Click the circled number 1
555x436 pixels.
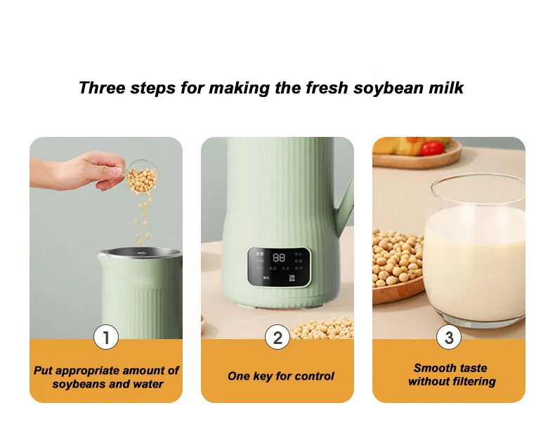tap(106, 338)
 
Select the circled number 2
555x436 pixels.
tap(277, 338)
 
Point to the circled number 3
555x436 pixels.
tap(449, 338)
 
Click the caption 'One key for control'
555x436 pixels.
tap(280, 376)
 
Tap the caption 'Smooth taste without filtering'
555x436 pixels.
tap(451, 375)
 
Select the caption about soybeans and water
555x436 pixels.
tap(107, 377)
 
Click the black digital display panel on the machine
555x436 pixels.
tap(278, 266)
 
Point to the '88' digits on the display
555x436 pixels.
tap(278, 258)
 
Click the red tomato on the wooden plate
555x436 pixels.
tap(433, 147)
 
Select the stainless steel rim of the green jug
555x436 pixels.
tap(138, 251)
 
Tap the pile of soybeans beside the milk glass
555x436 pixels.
tap(397, 260)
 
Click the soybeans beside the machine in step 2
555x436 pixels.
tap(324, 329)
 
